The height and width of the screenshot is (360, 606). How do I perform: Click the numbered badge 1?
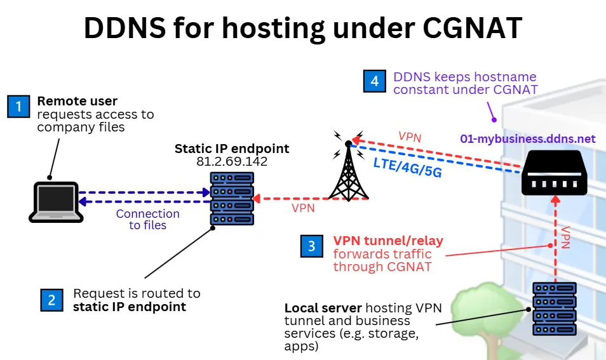(19, 107)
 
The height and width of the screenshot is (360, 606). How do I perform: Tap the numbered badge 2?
(51, 300)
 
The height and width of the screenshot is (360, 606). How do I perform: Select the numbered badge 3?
(311, 246)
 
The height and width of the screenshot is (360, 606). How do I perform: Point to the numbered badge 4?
(375, 81)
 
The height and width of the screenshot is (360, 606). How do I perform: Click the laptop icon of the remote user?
(56, 202)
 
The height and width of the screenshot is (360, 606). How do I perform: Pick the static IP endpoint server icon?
(232, 197)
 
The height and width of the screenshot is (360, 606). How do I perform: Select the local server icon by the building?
(555, 309)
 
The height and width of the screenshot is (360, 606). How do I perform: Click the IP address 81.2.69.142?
(232, 162)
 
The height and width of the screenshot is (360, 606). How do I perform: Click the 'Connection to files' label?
(147, 220)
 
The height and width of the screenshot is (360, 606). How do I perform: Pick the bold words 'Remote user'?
(77, 101)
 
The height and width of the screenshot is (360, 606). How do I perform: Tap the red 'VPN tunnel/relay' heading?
(388, 241)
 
